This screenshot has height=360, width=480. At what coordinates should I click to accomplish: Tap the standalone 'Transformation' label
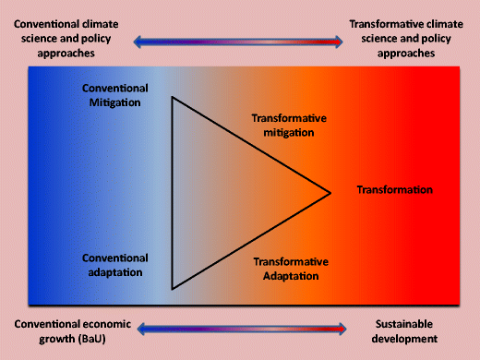pos(394,190)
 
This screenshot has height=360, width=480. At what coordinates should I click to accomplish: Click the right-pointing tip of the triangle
pos(330,193)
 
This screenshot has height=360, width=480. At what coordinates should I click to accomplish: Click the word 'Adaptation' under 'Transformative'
pos(291,276)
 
